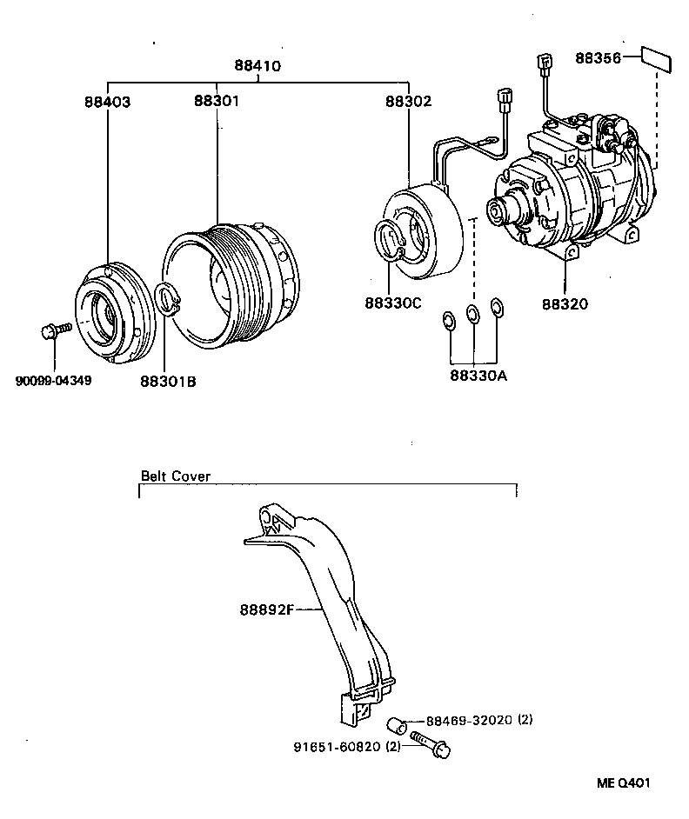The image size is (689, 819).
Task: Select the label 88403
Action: [107, 101]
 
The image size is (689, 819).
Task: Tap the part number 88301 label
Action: [217, 101]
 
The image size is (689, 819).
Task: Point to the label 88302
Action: [408, 101]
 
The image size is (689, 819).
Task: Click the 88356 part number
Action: [598, 59]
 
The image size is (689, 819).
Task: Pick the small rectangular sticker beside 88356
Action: [657, 58]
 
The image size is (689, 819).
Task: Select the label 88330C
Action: [393, 303]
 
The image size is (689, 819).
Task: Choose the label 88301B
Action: [168, 380]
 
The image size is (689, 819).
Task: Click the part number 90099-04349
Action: [53, 380]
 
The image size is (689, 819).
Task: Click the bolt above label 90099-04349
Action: [54, 331]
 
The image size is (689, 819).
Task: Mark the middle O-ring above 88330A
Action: [472, 314]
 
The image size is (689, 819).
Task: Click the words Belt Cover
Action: [176, 476]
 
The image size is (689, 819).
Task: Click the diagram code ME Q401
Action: [623, 782]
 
